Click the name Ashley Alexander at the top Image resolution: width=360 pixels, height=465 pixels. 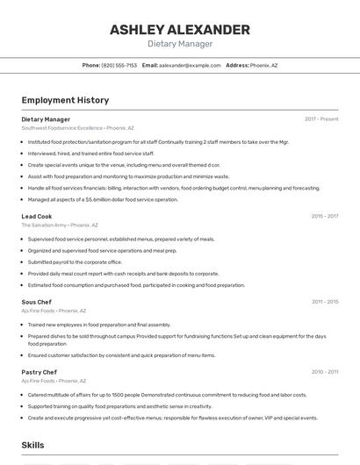point(179,30)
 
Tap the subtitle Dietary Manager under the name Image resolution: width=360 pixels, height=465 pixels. point(179,44)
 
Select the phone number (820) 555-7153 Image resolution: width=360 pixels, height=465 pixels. point(119,65)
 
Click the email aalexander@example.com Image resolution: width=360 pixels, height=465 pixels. point(190,65)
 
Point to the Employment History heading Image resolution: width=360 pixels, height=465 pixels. point(65,100)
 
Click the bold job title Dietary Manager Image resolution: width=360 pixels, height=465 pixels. point(46,119)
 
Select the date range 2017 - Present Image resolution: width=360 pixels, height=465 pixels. point(321,119)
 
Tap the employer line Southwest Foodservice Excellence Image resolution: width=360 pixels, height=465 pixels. point(77,128)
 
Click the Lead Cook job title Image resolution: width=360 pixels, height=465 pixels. point(37,216)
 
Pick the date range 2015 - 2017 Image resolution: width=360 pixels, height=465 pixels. point(324,216)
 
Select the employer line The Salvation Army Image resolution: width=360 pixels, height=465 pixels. point(60,225)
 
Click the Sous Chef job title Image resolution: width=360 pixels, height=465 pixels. point(37,302)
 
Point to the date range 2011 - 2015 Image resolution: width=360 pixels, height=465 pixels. point(324,302)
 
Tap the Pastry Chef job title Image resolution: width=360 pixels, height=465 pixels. point(40,372)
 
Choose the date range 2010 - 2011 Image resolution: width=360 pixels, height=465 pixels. point(324,372)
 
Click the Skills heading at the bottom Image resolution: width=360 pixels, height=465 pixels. point(32,446)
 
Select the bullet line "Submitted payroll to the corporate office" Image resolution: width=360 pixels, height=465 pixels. point(75,261)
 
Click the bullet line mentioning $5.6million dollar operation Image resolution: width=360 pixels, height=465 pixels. point(103,199)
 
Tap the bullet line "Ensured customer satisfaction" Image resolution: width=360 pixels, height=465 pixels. point(121,355)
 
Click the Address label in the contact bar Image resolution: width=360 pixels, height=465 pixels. point(237,65)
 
